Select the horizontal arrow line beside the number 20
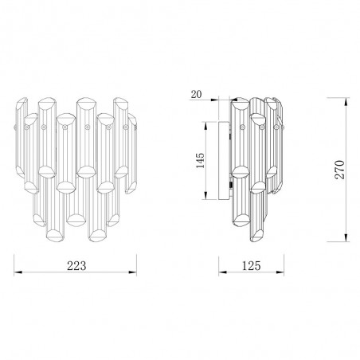219,100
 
